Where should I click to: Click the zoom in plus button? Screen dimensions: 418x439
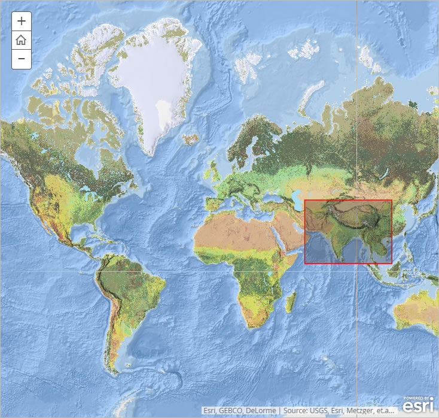tap(22, 21)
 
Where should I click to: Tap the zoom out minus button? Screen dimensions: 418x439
tap(22, 59)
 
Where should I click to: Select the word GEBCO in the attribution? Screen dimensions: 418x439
tap(232, 411)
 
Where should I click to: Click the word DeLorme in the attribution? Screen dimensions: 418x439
tap(263, 411)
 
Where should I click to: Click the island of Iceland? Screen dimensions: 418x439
tap(192, 139)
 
